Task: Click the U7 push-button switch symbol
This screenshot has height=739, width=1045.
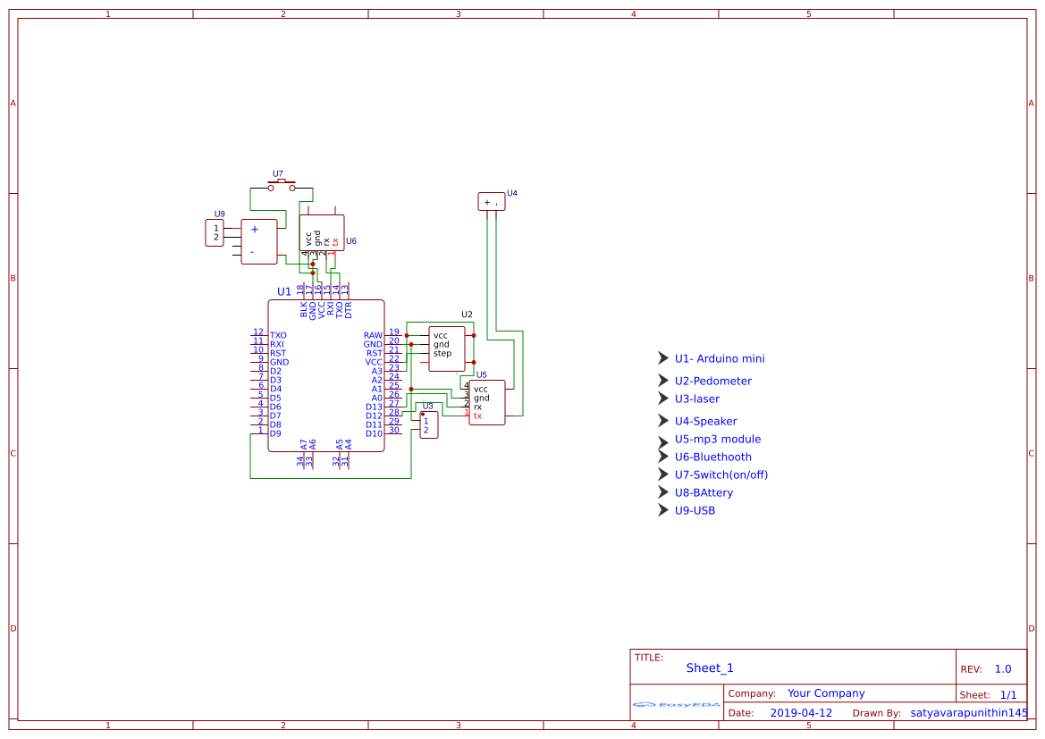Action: point(282,185)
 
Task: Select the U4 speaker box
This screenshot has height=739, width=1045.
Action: point(491,201)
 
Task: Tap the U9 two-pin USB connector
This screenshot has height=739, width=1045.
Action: point(215,233)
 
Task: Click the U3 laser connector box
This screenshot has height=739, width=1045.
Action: point(428,425)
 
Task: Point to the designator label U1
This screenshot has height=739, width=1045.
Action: point(283,292)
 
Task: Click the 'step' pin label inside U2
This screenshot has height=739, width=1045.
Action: point(442,353)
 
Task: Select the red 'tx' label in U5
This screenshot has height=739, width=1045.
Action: point(477,416)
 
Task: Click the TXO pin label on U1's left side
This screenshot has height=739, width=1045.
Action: point(278,335)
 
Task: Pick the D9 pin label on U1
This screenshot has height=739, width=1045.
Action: point(275,433)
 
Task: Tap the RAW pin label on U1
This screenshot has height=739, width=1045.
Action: point(373,335)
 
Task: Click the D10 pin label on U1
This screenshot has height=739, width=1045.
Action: point(374,433)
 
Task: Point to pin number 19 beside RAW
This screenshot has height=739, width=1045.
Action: point(394,332)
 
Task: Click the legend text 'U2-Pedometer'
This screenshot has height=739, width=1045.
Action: point(712,381)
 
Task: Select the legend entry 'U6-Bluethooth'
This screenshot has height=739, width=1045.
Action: point(712,457)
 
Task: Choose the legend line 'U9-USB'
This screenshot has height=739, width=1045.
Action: point(695,510)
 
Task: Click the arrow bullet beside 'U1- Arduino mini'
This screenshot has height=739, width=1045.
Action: point(662,357)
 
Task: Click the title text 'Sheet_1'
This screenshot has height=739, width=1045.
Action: point(710,668)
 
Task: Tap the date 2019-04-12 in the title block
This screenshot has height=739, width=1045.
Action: point(801,713)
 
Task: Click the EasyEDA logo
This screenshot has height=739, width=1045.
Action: point(677,704)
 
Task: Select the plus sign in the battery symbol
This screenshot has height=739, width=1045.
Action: point(254,229)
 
